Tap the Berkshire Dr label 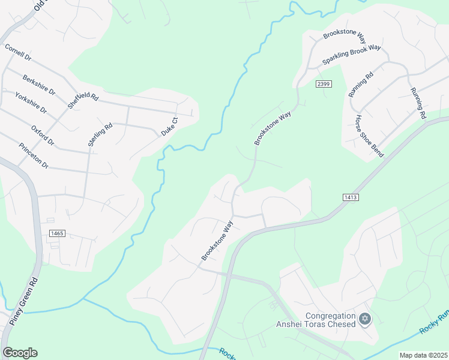point(39,85)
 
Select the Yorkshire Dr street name point(31,103)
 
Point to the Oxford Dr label point(43,135)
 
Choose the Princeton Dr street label point(33,155)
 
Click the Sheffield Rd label point(83,96)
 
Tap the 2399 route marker point(324,83)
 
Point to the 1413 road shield point(351,197)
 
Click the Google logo point(20,353)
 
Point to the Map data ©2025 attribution point(423,355)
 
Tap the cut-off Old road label point(40,5)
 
